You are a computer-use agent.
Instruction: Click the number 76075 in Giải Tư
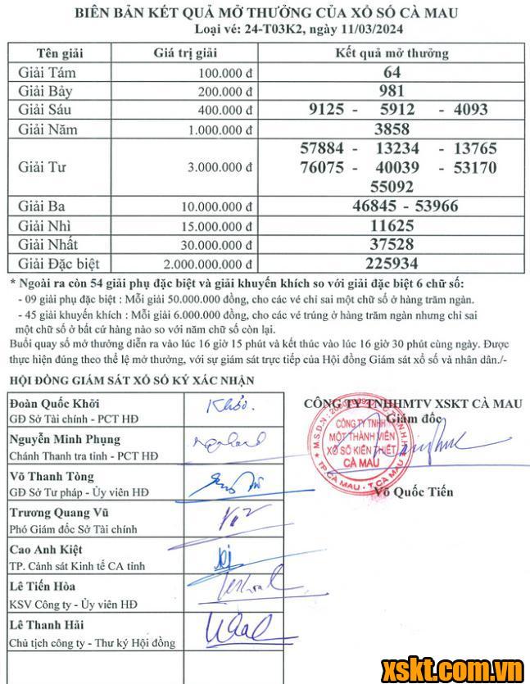[x=325, y=167]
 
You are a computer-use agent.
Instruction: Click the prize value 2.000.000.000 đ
[x=207, y=264]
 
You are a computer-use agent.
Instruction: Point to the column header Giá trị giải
[x=184, y=53]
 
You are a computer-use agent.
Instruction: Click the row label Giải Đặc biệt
[x=58, y=264]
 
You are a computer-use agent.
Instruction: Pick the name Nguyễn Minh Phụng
[x=64, y=439]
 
